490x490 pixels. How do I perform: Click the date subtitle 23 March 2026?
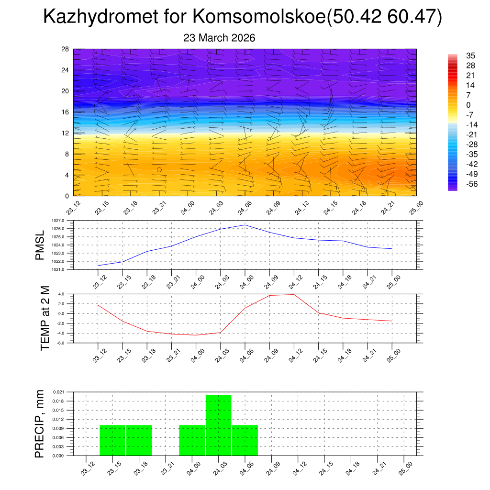coord(219,38)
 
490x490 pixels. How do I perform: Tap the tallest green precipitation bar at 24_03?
coord(218,425)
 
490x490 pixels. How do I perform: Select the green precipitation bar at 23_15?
coord(112,440)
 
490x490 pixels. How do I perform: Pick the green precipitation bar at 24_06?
coord(245,440)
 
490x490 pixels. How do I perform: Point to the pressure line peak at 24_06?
coord(245,225)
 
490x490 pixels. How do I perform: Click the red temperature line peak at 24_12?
coord(293,294)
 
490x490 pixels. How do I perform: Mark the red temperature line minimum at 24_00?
coord(196,335)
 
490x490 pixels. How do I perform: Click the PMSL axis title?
coord(40,245)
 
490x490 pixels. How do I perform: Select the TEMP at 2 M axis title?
coord(45,318)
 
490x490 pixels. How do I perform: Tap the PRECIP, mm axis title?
coord(40,423)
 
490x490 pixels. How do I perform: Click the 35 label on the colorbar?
coord(470,56)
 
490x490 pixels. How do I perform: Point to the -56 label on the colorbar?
coord(470,184)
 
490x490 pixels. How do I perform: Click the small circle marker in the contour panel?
coord(159,169)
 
